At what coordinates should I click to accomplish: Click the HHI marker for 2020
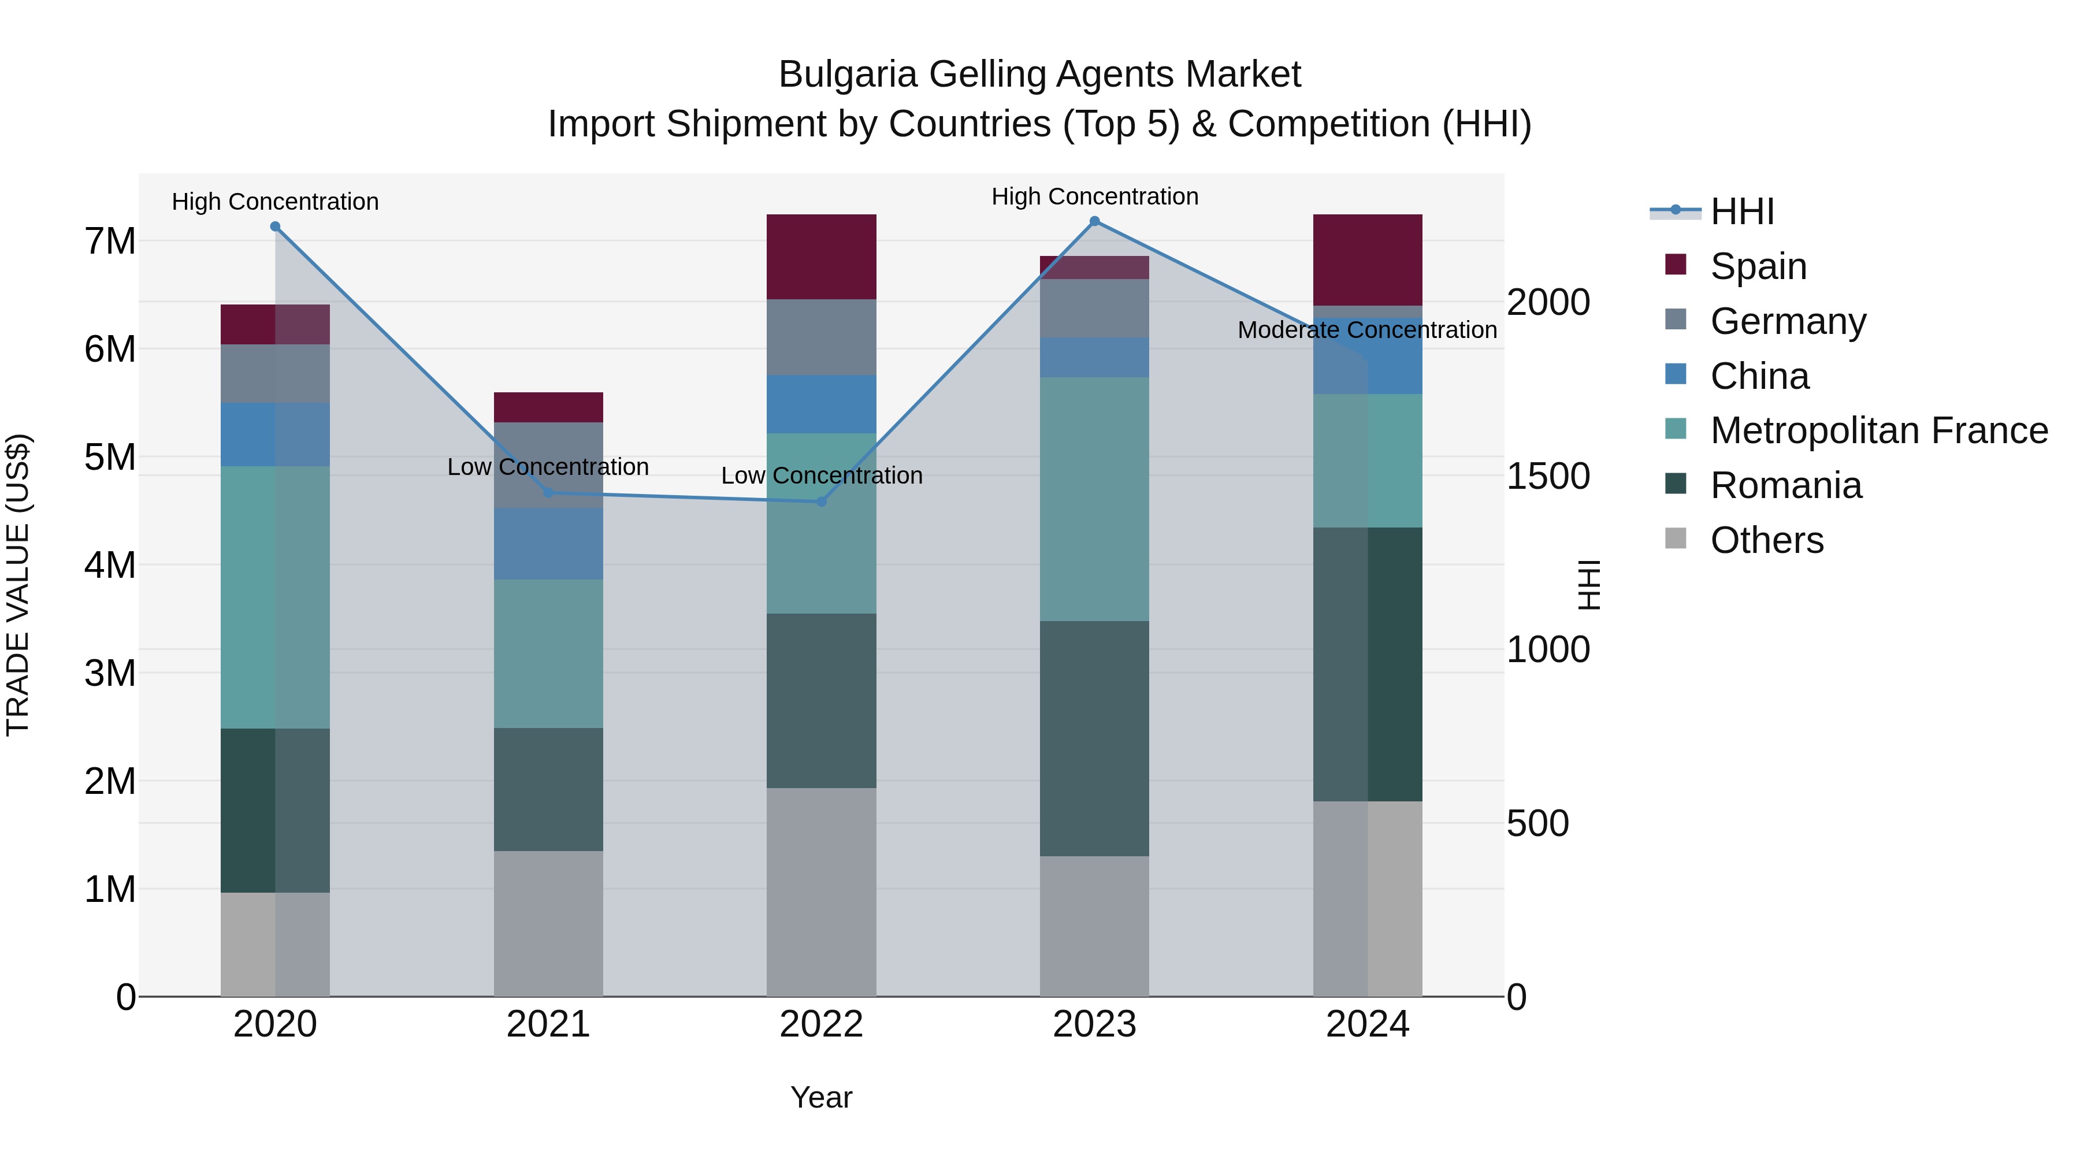pos(276,227)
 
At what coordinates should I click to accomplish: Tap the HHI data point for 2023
pos(1094,221)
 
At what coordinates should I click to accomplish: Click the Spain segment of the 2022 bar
pos(821,257)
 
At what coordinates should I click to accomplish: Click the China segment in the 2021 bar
pos(548,544)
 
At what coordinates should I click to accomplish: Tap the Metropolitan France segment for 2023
pos(1094,499)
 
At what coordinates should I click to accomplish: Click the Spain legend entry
pos(1758,266)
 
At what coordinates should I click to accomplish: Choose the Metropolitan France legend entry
pos(1878,431)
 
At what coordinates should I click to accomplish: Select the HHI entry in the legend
pos(1741,211)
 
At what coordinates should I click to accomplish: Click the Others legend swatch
pos(1676,538)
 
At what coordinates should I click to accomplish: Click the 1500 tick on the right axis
pos(1548,477)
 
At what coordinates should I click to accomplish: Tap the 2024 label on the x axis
pos(1367,1024)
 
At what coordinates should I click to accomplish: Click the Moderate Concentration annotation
pos(1367,330)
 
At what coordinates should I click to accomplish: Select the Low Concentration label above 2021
pos(548,467)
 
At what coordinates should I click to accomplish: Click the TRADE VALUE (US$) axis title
pos(18,585)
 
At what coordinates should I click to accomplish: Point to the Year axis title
pos(821,1097)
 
